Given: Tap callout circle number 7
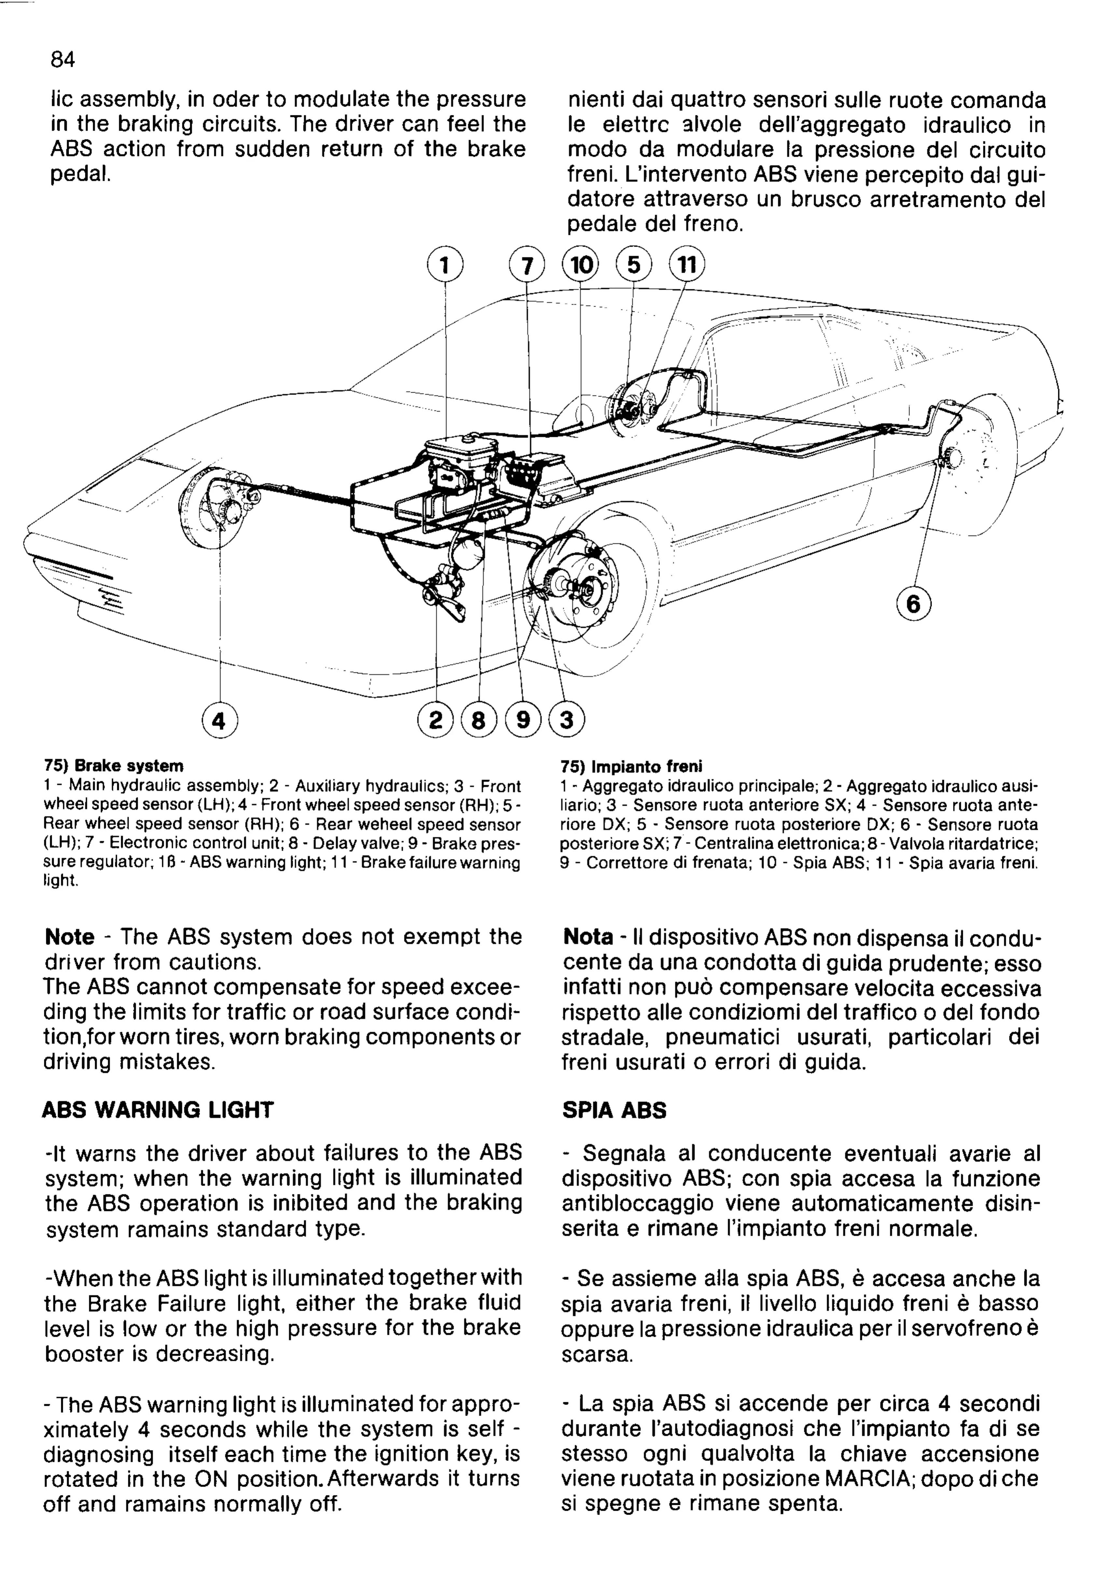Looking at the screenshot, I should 526,265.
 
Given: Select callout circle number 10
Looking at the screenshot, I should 581,265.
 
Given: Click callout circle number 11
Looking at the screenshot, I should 687,265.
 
